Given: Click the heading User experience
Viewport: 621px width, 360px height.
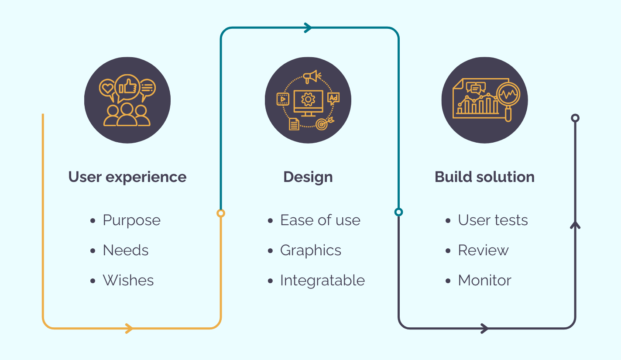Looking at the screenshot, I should (x=127, y=177).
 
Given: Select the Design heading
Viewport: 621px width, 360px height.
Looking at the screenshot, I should (x=308, y=177).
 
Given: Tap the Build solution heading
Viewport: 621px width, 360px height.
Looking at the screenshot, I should (x=484, y=177).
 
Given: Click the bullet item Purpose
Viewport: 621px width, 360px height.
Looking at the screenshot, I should (x=131, y=220).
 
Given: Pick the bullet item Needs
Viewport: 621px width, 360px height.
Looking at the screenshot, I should (x=126, y=250).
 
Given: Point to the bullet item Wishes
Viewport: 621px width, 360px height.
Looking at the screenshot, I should (x=128, y=280).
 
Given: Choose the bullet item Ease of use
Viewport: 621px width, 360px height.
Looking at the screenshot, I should (x=320, y=220).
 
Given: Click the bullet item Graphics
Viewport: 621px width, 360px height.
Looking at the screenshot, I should (x=310, y=250).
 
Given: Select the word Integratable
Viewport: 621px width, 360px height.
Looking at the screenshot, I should (x=322, y=280).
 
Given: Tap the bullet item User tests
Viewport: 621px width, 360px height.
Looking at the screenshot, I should (x=493, y=220).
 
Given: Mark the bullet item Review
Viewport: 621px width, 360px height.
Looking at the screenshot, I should (x=483, y=250).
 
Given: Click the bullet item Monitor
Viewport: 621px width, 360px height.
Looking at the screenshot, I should (x=484, y=280).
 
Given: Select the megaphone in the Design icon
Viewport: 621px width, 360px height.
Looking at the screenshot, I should (x=311, y=77).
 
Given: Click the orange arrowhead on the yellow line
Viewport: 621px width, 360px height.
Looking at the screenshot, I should (x=129, y=328).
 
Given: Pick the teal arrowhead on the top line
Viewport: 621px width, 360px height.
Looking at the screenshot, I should (x=308, y=28).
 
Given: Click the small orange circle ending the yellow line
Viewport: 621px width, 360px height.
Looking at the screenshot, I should (x=221, y=213).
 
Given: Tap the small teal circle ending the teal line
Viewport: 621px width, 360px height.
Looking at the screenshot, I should (x=398, y=212).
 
